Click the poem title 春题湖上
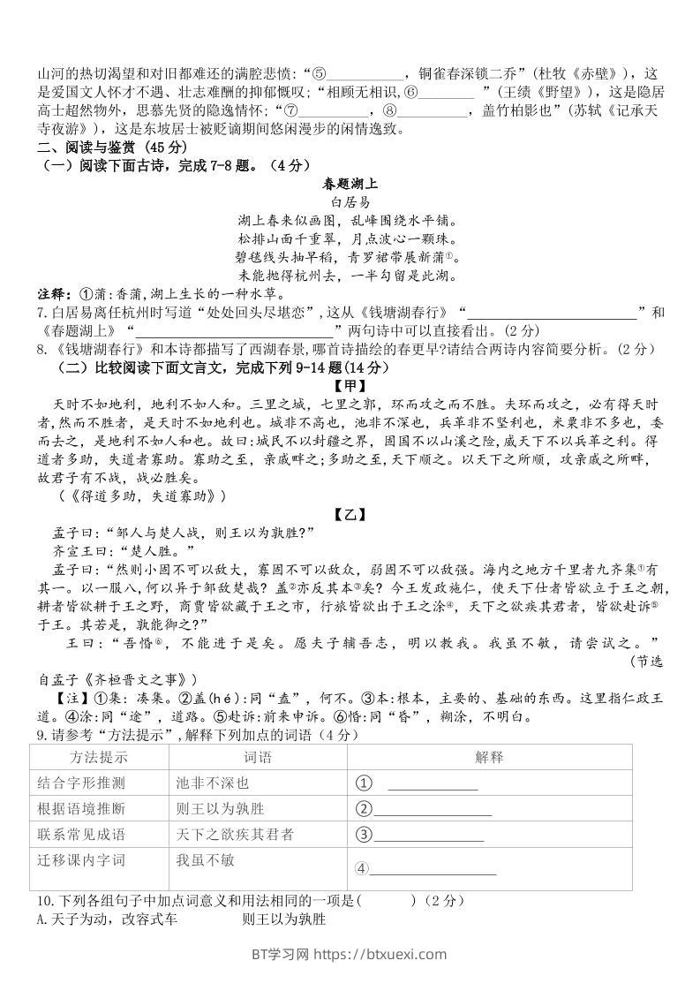(350, 184)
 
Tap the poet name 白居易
(350, 202)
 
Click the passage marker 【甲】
(350, 385)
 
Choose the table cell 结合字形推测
(81, 783)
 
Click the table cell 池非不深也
(213, 783)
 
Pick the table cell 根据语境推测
(81, 808)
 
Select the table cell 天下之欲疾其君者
(235, 834)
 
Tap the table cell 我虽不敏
(206, 859)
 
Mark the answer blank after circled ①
(433, 784)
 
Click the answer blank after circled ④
(433, 870)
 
